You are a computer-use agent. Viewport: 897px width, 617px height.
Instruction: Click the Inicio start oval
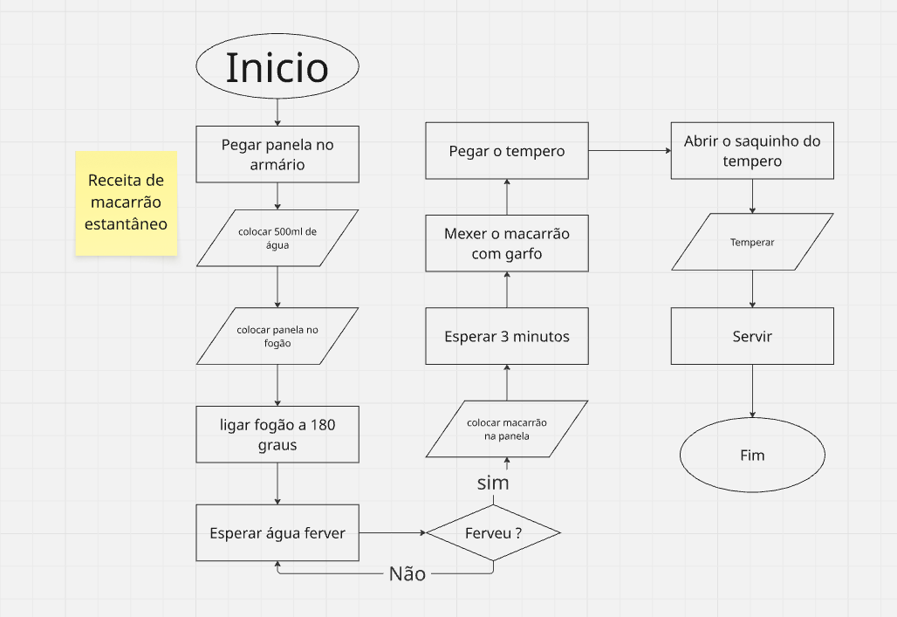pyautogui.click(x=277, y=67)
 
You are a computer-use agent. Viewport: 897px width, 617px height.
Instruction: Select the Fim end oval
pyautogui.click(x=752, y=456)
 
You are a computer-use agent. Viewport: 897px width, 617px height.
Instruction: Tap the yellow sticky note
pyautogui.click(x=127, y=203)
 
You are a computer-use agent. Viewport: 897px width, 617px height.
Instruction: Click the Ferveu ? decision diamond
pyautogui.click(x=493, y=532)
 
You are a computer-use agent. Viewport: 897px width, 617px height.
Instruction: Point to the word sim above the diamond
pyautogui.click(x=493, y=483)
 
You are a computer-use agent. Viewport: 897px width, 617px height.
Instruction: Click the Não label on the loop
pyautogui.click(x=407, y=573)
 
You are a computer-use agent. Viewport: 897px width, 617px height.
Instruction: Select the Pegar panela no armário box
pyautogui.click(x=277, y=154)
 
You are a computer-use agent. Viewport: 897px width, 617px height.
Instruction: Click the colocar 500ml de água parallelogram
pyautogui.click(x=277, y=237)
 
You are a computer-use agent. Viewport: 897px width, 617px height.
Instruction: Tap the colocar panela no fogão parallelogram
pyautogui.click(x=277, y=336)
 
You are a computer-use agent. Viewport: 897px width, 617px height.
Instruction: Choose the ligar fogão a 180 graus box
pyautogui.click(x=277, y=435)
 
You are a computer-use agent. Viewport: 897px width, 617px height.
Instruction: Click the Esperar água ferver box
pyautogui.click(x=277, y=532)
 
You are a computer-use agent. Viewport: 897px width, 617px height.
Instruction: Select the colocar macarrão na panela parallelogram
pyautogui.click(x=507, y=428)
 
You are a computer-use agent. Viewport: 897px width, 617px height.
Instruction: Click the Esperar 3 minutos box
pyautogui.click(x=507, y=336)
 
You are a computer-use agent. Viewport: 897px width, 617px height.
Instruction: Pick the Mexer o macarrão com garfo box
pyautogui.click(x=507, y=243)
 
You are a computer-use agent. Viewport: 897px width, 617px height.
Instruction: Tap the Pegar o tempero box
pyautogui.click(x=507, y=151)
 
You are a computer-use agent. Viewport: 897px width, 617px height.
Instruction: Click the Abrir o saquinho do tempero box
pyautogui.click(x=752, y=151)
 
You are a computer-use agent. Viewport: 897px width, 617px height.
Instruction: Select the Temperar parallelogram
pyautogui.click(x=752, y=242)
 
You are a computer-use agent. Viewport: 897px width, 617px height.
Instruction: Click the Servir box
pyautogui.click(x=752, y=336)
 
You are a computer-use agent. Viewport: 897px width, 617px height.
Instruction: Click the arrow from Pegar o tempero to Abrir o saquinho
pyautogui.click(x=630, y=151)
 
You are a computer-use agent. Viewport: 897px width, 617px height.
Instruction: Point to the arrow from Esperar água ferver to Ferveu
pyautogui.click(x=392, y=532)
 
